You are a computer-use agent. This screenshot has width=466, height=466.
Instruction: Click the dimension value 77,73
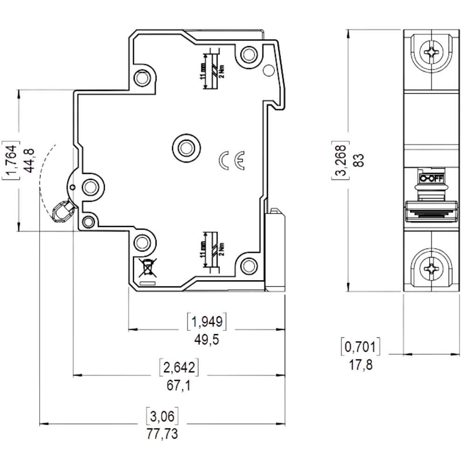[162, 434]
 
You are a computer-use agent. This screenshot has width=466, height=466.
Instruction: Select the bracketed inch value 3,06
[162, 415]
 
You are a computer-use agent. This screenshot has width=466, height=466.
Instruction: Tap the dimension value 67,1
[178, 385]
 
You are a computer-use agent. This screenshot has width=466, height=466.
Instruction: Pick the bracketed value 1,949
[206, 321]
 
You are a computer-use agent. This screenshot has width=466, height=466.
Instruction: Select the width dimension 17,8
[361, 365]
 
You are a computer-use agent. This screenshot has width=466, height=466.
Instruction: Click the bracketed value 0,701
[361, 347]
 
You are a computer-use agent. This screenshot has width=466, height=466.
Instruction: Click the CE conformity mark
[232, 160]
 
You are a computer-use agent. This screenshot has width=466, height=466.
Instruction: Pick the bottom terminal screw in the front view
[431, 268]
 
